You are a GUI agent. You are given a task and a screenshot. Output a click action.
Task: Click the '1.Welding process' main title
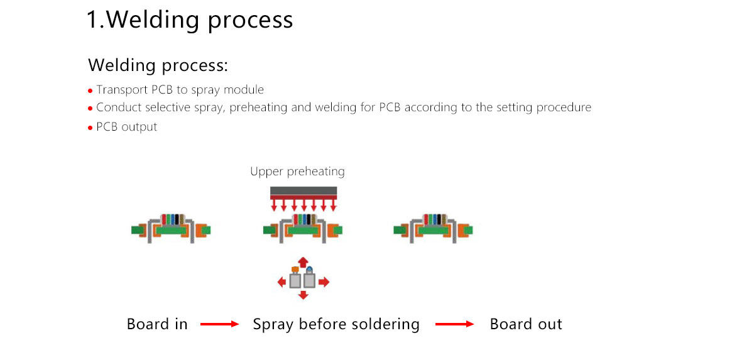[189, 20]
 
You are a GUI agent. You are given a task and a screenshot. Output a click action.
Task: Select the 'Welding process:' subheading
[158, 65]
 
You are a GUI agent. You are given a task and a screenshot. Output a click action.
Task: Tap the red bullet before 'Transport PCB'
[90, 91]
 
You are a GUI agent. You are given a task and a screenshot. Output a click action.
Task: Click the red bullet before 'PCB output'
[90, 128]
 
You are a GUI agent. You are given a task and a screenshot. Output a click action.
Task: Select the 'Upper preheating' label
[297, 172]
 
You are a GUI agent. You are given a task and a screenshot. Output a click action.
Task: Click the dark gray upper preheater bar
[303, 191]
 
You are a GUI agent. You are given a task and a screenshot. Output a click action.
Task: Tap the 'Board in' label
[157, 324]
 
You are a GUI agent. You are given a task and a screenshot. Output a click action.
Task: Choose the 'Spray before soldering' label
[336, 324]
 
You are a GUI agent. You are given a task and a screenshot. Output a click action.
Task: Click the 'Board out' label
[526, 324]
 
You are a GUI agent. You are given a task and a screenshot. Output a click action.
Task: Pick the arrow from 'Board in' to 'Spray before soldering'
[220, 324]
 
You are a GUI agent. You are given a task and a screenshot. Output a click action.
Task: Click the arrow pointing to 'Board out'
[455, 324]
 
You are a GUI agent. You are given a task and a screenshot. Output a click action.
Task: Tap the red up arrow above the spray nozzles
[303, 261]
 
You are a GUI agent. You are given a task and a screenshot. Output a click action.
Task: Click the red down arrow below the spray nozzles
[303, 295]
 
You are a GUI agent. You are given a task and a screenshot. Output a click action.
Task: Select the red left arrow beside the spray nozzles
[282, 282]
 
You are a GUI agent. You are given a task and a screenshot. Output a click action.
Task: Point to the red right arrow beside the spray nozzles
[324, 282]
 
